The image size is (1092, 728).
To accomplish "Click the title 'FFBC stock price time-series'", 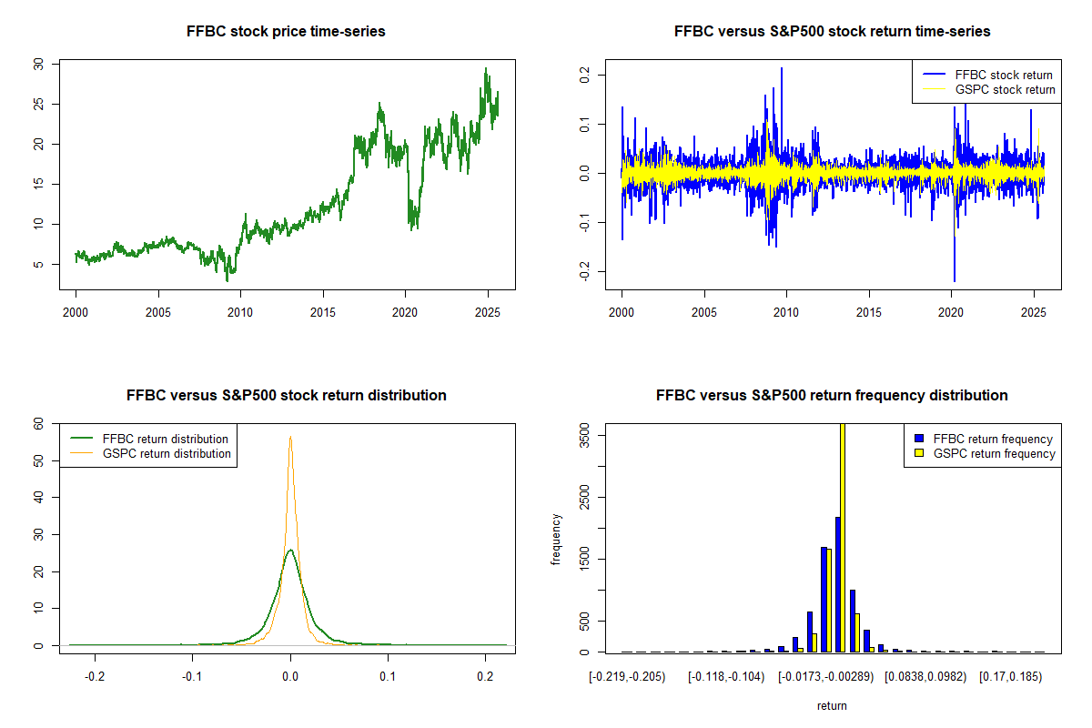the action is [286, 31].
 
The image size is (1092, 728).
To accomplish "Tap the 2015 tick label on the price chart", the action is [323, 312].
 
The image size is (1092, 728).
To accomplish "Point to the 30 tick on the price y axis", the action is [38, 64].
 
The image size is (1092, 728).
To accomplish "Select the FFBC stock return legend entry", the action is [987, 75].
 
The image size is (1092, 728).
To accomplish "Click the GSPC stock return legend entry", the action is [988, 89].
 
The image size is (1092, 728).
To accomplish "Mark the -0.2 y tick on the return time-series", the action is [584, 271].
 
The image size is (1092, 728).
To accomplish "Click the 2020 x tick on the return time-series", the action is [951, 312].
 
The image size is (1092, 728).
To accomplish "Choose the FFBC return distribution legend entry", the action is [149, 439].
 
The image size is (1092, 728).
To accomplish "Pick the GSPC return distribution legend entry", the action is [151, 453].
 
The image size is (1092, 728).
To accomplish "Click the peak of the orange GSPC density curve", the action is [290, 437].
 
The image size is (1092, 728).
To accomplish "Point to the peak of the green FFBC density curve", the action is [290, 550].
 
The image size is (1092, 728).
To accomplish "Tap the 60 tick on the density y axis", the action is [38, 424].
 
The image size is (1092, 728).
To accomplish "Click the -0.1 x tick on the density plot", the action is [193, 676].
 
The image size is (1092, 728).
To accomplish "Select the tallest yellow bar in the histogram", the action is [843, 538].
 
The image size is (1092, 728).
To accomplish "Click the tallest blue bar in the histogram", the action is [837, 584].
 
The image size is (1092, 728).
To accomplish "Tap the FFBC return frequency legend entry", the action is [984, 439].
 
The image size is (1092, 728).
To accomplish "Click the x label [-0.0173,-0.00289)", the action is [826, 676].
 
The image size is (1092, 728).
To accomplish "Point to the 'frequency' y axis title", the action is [555, 539].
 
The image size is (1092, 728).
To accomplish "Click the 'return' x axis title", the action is [832, 705].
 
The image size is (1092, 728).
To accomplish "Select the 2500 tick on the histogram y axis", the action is [584, 497].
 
